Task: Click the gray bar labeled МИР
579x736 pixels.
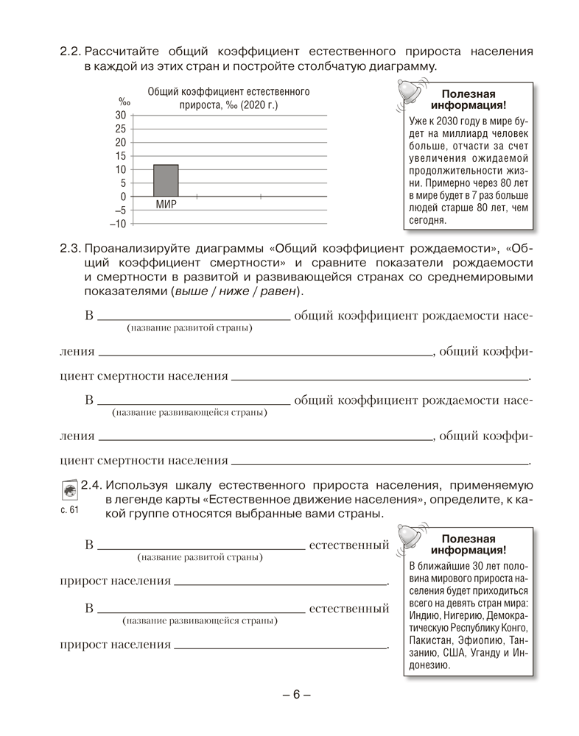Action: [x=166, y=180]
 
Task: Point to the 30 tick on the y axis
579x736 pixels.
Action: [x=121, y=116]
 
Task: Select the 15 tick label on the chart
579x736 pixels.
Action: [x=121, y=156]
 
